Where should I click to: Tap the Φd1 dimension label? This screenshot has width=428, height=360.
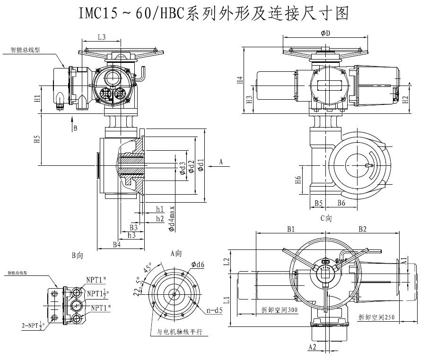pos(201,165)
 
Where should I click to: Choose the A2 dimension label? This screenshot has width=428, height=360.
pos(312,347)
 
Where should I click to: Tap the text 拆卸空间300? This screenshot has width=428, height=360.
pos(279,310)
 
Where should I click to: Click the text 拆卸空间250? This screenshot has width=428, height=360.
pos(376,317)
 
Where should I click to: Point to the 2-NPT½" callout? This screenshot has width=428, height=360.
pos(37,325)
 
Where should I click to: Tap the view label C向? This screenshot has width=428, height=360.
pos(326,218)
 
